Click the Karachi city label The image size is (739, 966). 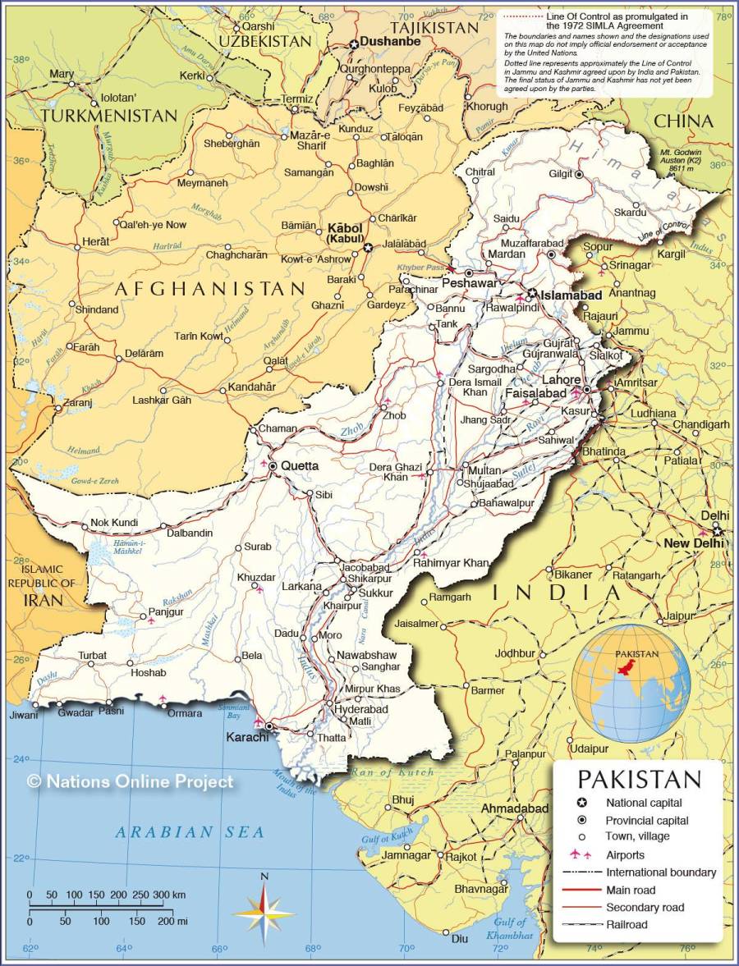247,737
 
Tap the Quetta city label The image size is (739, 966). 299,465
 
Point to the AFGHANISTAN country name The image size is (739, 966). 209,289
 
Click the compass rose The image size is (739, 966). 264,911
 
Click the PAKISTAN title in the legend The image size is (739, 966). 640,779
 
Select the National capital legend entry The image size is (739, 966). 644,803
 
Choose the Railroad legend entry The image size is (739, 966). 627,924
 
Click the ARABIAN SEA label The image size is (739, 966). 190,832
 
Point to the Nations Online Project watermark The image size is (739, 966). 131,782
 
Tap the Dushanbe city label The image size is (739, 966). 390,41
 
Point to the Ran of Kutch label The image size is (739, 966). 392,772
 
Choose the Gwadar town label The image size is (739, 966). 76,712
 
